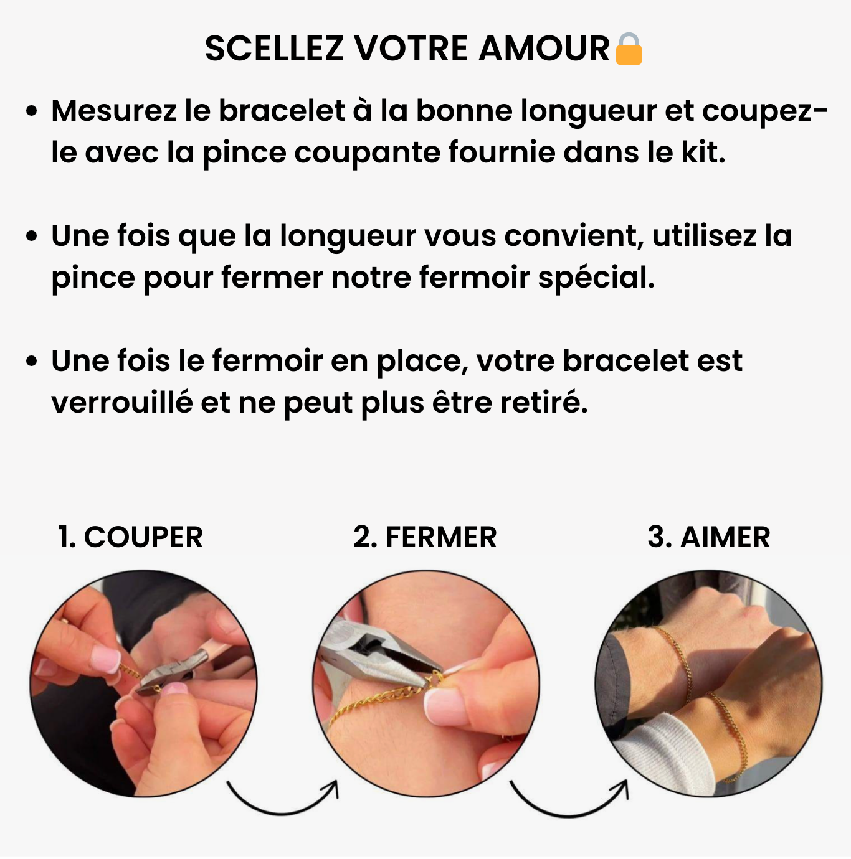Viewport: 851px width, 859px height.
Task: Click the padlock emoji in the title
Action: [x=628, y=49]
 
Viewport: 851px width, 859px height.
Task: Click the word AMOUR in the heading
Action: [x=544, y=49]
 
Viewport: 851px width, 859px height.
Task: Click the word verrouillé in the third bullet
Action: [x=121, y=403]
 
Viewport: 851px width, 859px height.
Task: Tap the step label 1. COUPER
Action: [x=130, y=537]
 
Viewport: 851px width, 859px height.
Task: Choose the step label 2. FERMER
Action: [x=425, y=537]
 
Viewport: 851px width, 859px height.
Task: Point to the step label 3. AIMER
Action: [x=708, y=537]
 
